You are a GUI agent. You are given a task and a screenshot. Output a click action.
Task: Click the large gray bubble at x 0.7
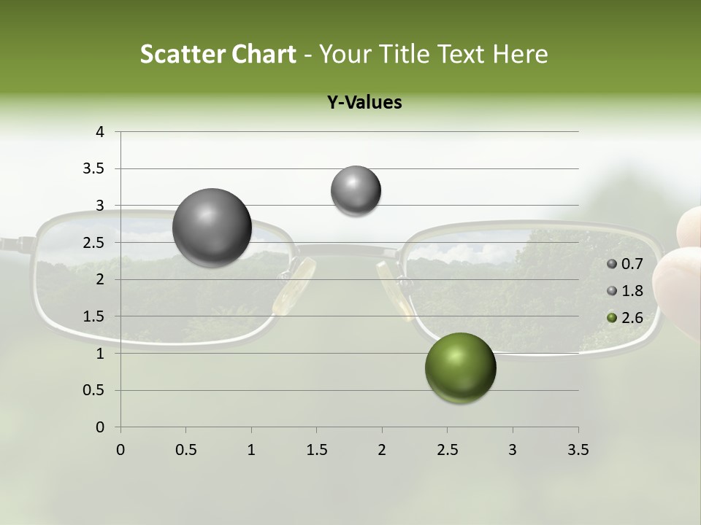(212, 227)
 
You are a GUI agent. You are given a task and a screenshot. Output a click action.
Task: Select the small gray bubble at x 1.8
(356, 190)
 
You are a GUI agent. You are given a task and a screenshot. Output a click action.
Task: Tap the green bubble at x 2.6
(460, 367)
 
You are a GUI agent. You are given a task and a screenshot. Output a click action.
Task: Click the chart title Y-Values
(364, 103)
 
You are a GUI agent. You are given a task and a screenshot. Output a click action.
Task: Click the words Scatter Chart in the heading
(218, 54)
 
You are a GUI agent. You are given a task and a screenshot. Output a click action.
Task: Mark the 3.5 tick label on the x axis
(578, 450)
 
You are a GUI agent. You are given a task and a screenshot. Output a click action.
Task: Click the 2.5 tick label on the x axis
(447, 450)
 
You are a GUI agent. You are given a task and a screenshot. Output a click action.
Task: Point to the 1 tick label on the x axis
(251, 450)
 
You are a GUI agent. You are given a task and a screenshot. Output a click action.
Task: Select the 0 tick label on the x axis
(120, 450)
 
